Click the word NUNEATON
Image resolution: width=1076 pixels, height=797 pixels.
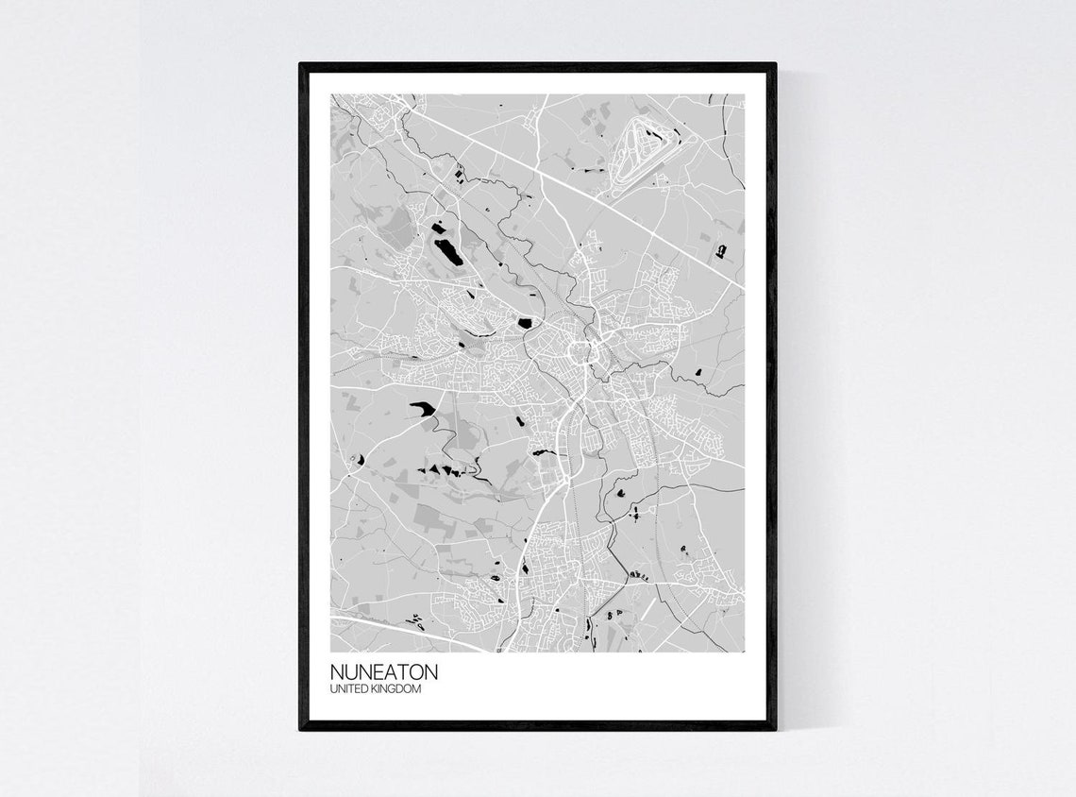[384, 672]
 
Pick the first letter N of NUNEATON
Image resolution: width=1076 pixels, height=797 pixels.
[337, 672]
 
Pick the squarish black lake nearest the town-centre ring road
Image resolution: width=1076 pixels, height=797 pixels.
[524, 323]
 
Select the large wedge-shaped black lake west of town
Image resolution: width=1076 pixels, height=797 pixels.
[422, 408]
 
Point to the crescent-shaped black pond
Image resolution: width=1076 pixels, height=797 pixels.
[358, 459]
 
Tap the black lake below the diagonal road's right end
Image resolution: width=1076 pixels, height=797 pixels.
[721, 250]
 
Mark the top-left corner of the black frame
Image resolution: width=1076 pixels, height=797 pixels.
[301, 65]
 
